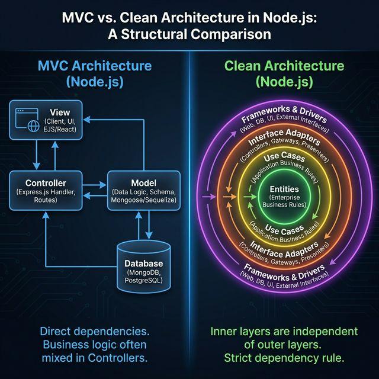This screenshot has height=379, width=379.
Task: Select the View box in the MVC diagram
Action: tap(46, 121)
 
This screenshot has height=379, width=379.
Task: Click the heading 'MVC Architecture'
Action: tap(95, 65)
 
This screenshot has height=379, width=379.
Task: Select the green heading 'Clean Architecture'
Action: tap(284, 65)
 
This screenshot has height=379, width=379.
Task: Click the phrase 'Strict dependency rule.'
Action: tap(284, 358)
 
